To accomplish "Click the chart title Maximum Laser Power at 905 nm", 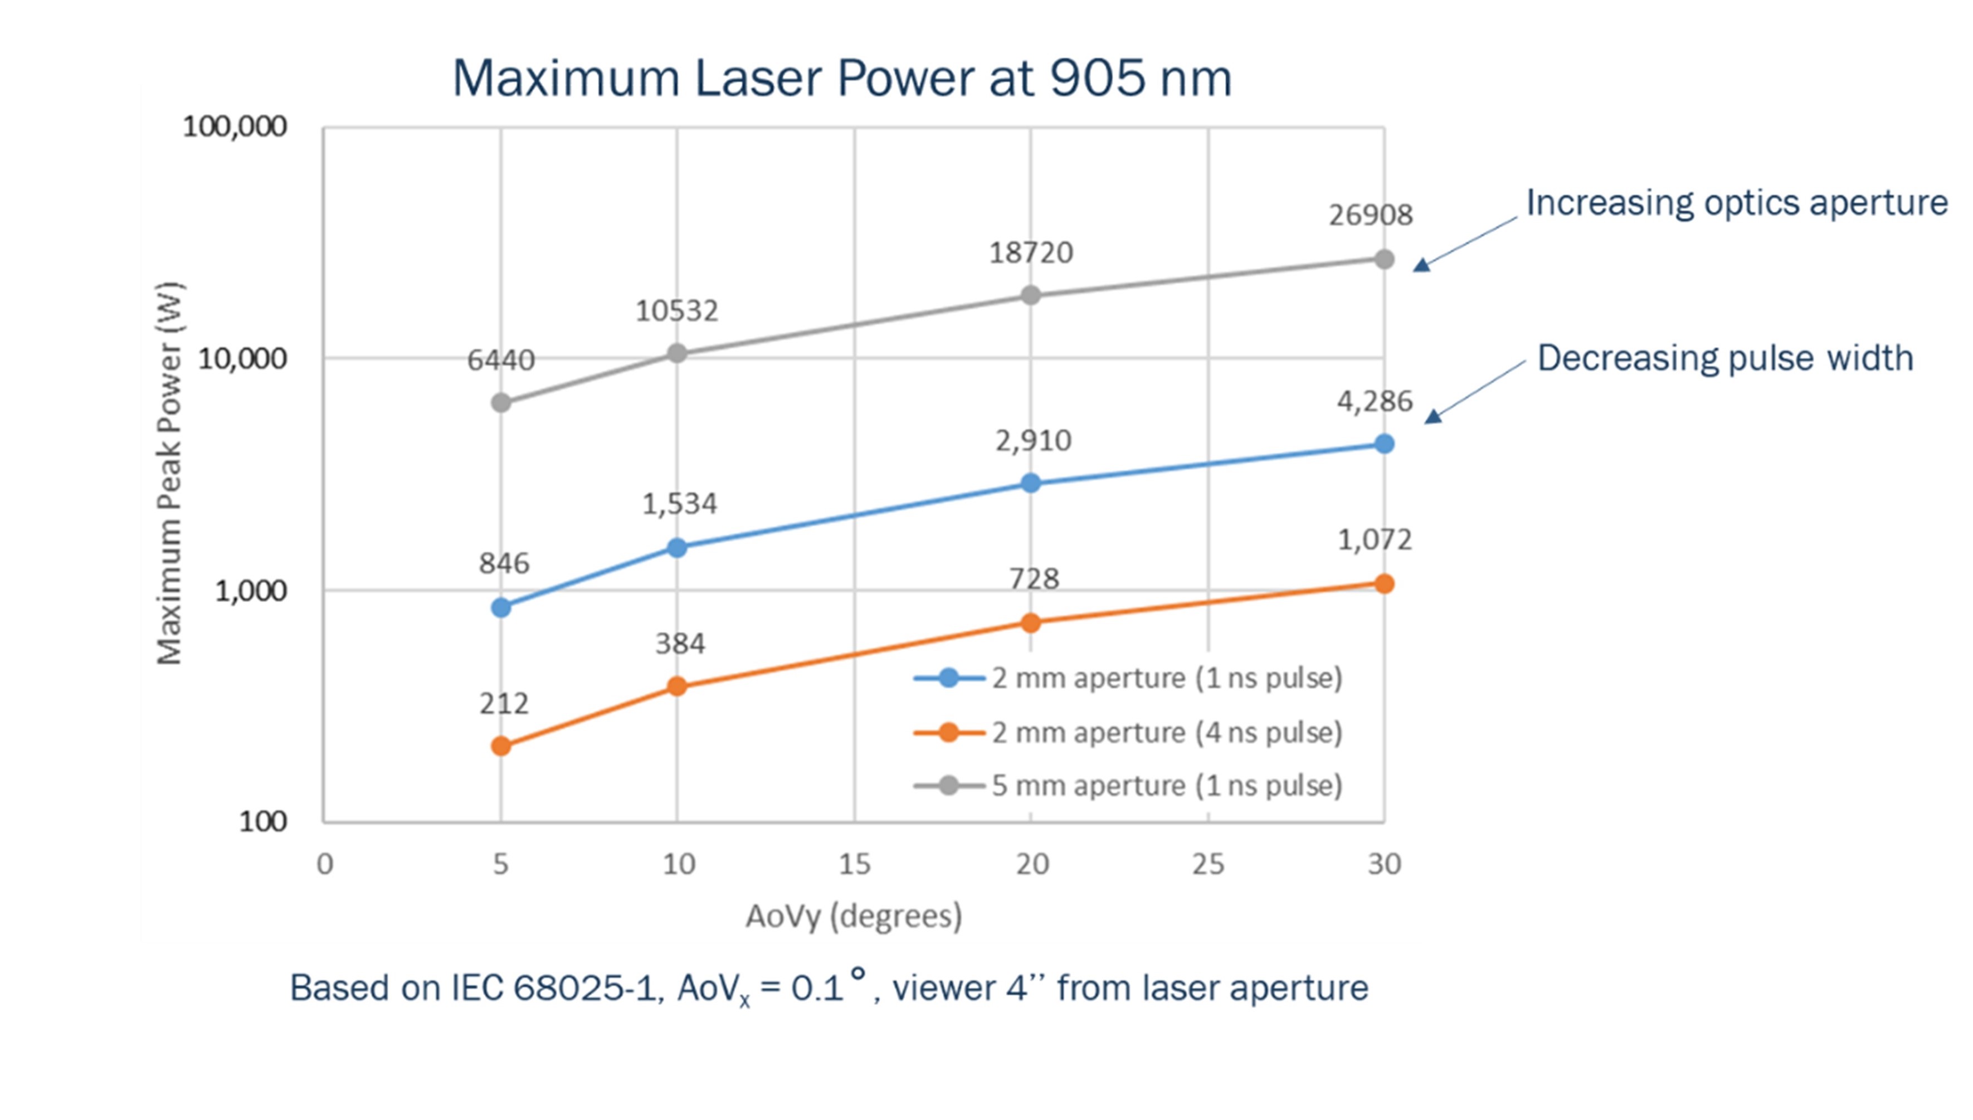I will point(841,79).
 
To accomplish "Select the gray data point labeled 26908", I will point(1383,259).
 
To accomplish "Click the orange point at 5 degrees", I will point(501,746).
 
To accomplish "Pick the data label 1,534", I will point(679,504).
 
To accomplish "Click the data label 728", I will point(1033,578).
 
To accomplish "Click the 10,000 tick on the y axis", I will point(241,358).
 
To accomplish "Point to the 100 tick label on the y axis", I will point(262,821).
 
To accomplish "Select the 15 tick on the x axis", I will point(854,865).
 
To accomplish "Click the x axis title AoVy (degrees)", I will point(853,916).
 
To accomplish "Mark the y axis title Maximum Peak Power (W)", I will point(169,473).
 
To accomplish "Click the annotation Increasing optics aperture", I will point(1736,203).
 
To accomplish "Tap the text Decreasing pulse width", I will point(1724,358).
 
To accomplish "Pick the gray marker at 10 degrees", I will point(676,353).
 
